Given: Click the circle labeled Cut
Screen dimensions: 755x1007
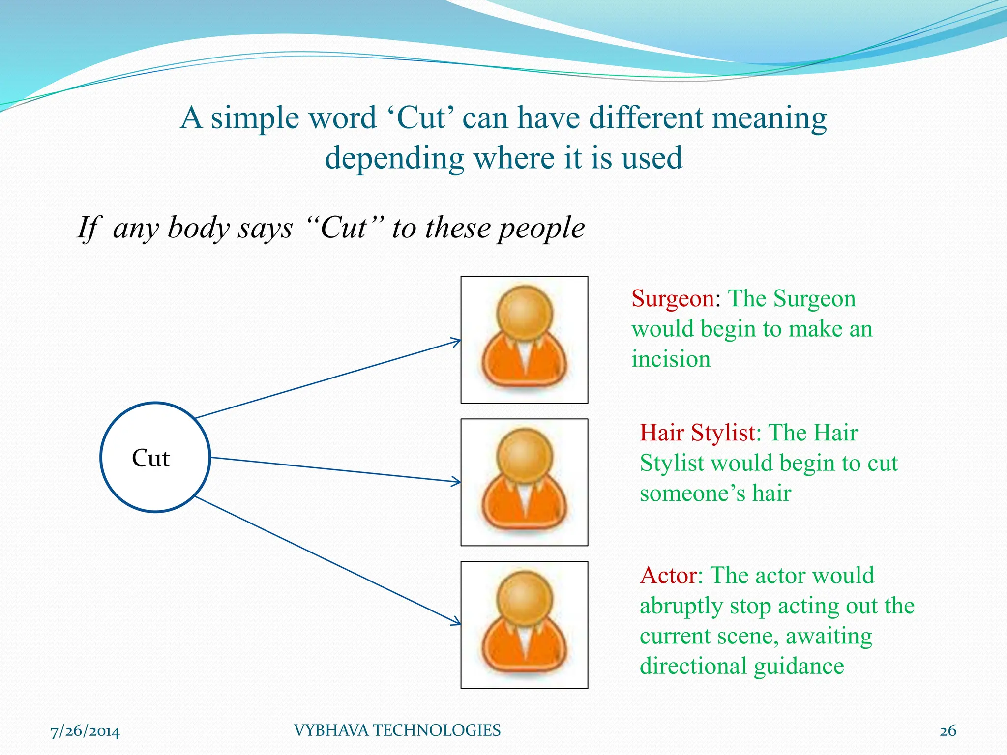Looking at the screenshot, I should [x=155, y=458].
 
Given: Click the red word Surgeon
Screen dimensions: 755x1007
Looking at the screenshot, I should [x=673, y=299].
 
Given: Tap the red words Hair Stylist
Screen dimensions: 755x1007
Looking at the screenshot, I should [x=697, y=433].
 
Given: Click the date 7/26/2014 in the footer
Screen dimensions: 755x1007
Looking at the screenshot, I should [x=85, y=731].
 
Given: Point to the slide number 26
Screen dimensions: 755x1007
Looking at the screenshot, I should [x=948, y=731].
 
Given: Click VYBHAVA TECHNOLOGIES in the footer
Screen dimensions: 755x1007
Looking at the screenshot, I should [x=397, y=730].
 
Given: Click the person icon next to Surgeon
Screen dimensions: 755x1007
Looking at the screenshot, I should [x=524, y=340].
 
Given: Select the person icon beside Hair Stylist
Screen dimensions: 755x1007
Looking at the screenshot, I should [x=524, y=482].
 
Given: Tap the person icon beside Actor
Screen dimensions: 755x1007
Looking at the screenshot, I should [x=524, y=625].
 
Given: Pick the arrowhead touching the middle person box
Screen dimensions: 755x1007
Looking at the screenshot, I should [x=457, y=482].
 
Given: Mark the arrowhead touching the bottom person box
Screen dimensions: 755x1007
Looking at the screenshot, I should [x=457, y=623].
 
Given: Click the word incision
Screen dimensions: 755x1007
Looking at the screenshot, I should [x=671, y=359].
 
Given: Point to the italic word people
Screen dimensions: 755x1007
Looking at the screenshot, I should [x=541, y=229].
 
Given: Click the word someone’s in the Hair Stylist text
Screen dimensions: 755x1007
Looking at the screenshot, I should [x=692, y=494].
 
